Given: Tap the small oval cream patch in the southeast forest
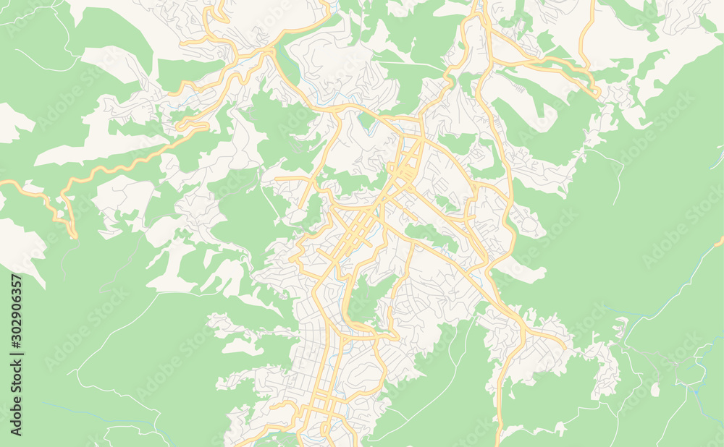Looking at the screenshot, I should pos(654,390).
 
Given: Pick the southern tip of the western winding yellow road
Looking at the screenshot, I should pos(73,235).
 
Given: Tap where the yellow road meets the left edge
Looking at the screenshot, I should pos(2,182).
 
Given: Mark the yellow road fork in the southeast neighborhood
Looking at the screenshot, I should pos(523,329).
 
